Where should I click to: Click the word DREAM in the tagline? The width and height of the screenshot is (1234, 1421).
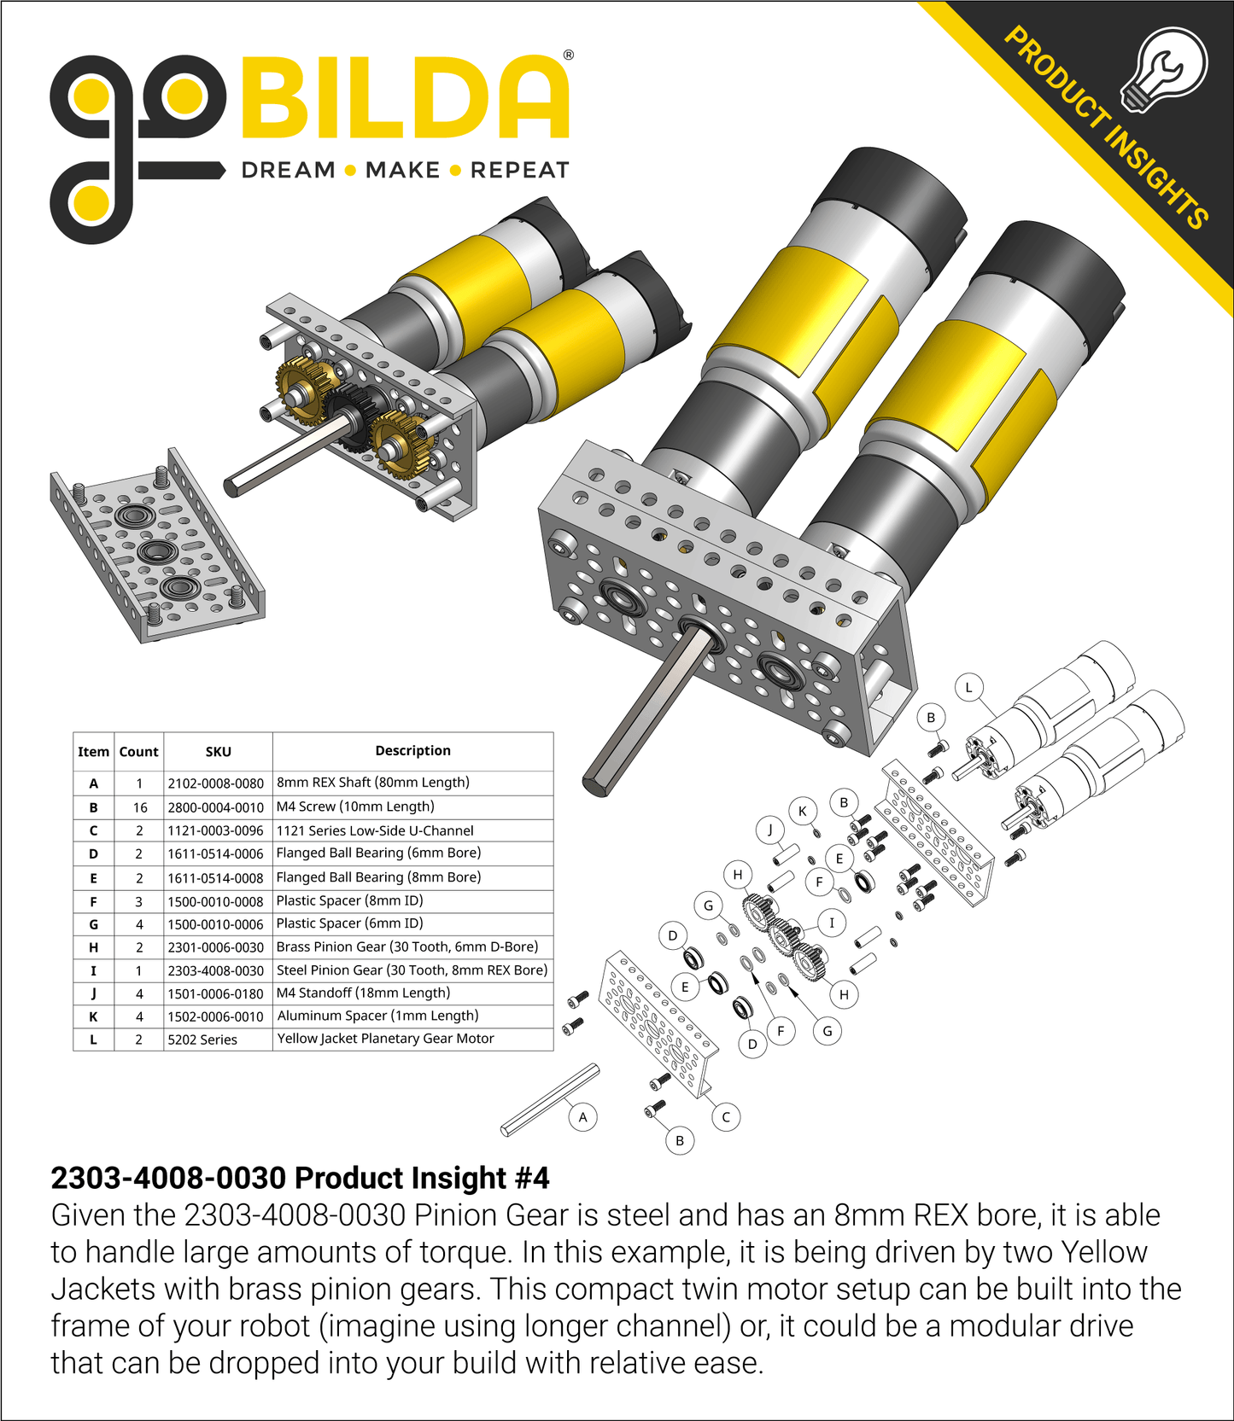coord(289,171)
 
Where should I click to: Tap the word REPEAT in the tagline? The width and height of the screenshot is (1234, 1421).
coord(519,171)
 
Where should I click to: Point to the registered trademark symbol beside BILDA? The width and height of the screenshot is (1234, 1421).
coord(569,55)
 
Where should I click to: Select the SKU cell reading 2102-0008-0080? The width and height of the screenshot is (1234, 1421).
coord(216,783)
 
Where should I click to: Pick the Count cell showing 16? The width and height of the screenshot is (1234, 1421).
coord(139,807)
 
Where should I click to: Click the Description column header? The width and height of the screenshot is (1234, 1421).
coord(412,751)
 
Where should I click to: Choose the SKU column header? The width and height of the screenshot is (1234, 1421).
coord(218,752)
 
